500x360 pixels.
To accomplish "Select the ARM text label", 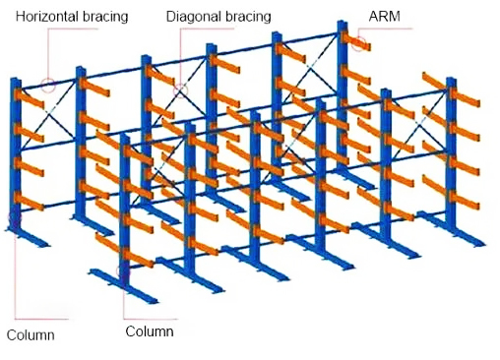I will (x=383, y=18).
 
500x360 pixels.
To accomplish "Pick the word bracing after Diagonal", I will (x=246, y=18).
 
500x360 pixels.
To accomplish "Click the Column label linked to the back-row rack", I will (x=31, y=335).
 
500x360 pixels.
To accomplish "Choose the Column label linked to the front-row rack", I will (x=150, y=331).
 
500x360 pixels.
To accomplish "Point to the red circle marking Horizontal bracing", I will (x=48, y=85).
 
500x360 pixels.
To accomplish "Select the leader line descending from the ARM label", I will (x=366, y=32).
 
